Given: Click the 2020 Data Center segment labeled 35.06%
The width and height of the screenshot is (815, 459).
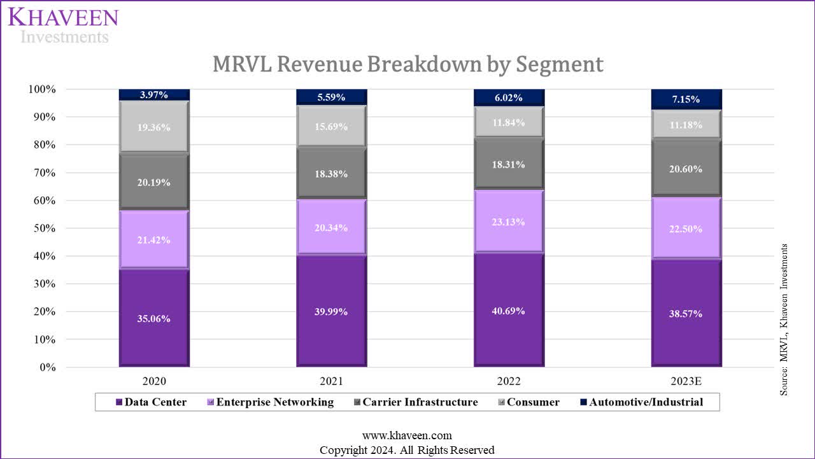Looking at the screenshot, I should point(154,319).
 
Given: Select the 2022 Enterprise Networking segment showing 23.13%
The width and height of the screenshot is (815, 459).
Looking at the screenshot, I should point(509,222).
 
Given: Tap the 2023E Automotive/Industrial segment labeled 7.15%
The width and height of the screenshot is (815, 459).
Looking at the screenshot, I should point(686,99).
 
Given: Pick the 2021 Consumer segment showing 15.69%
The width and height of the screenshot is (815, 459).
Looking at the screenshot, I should point(331,127).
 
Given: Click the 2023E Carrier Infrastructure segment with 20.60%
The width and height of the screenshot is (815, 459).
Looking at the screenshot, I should point(686,169).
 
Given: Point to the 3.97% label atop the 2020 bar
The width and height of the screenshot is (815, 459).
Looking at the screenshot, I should point(154,95).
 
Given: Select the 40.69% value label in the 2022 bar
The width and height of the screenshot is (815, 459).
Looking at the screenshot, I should point(509,311).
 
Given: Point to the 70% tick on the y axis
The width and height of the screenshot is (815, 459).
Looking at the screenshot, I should point(43,173).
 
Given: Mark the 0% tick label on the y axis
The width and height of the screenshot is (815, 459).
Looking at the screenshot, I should point(46,368).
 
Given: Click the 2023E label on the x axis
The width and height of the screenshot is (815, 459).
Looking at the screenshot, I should point(686,382).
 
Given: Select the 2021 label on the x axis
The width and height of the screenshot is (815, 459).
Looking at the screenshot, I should point(331,382).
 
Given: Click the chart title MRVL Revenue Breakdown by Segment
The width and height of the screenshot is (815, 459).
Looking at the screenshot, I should point(407,64).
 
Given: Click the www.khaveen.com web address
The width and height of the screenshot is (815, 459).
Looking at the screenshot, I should point(407,436).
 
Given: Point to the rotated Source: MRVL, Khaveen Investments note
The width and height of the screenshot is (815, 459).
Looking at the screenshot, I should point(784,319).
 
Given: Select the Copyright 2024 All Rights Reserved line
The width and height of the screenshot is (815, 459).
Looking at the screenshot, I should point(407,450).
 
